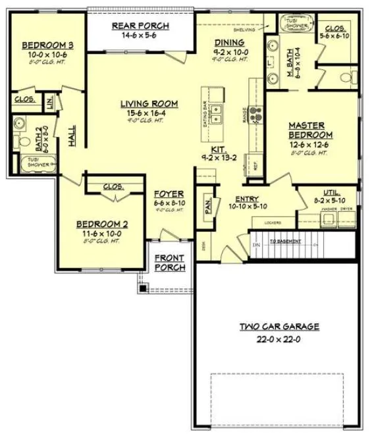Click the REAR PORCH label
[x=140, y=26]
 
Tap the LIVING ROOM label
[x=149, y=103]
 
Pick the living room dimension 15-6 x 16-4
[x=149, y=113]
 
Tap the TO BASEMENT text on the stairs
[x=284, y=242]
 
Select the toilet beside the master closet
[x=346, y=78]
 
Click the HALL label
[x=71, y=136]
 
